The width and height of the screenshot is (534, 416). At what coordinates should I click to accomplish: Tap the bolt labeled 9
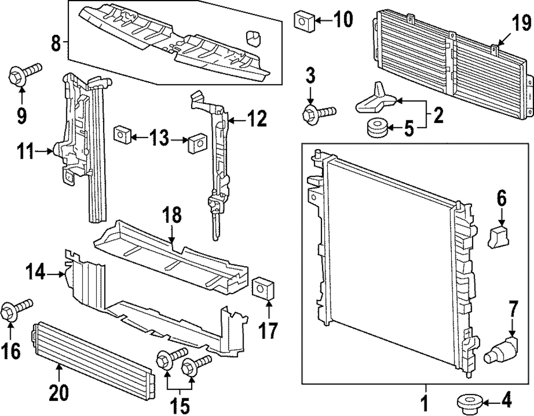point(23,75)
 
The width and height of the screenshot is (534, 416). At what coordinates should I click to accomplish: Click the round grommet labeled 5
point(377,129)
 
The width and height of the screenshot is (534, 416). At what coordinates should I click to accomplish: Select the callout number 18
point(171,216)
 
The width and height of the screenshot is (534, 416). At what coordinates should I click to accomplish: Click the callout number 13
point(159,140)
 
